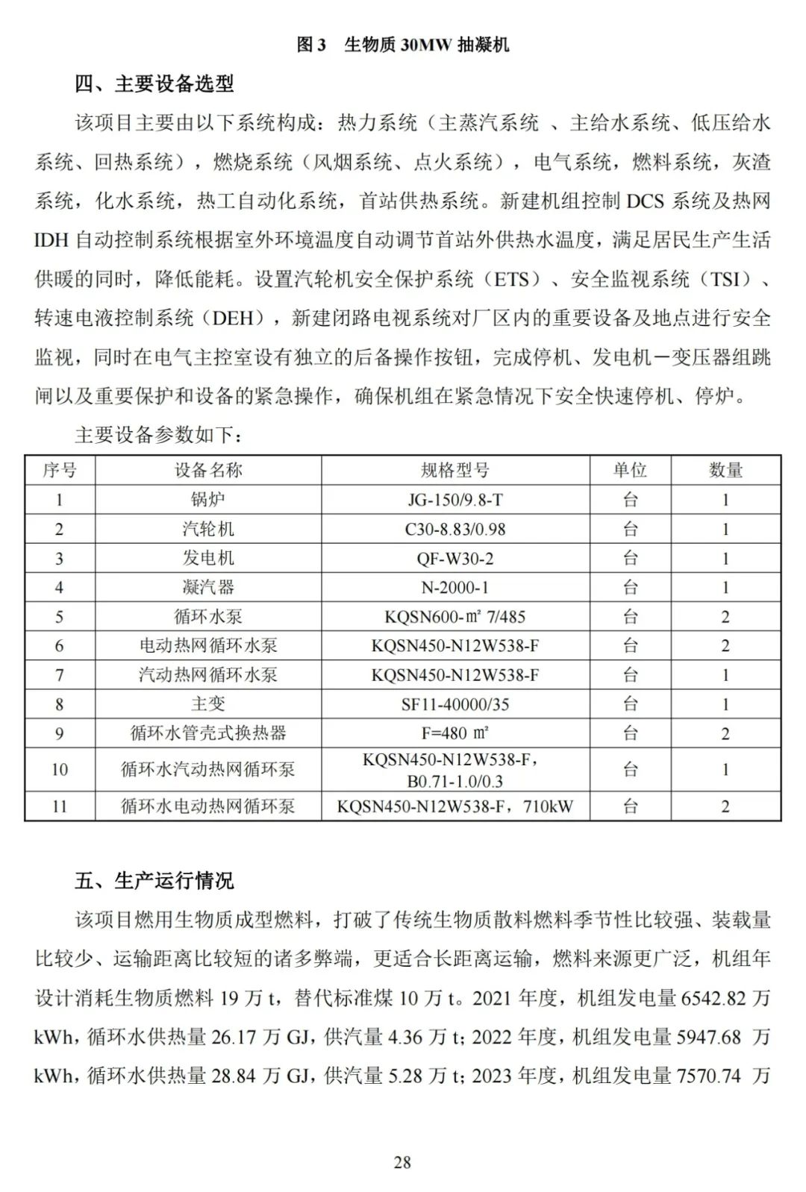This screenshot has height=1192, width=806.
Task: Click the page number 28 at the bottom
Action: [402, 1162]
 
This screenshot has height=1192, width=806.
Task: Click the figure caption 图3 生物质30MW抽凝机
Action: [402, 45]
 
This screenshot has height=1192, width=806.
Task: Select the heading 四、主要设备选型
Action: [154, 84]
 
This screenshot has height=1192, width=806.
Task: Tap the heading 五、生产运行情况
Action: [154, 880]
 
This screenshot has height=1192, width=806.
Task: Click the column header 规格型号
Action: [455, 470]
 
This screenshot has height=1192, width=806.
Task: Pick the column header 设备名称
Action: [208, 470]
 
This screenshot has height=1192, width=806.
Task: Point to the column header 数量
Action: [725, 470]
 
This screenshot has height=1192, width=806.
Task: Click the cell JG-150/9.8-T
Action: [455, 500]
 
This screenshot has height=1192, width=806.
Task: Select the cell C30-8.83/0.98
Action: [455, 529]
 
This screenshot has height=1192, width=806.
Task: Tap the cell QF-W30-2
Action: [455, 558]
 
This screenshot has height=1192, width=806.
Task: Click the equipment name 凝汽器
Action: [208, 587]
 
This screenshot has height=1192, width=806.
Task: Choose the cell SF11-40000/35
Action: [455, 704]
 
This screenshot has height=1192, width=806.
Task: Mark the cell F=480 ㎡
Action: [455, 733]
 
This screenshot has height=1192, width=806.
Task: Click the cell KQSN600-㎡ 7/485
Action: [455, 617]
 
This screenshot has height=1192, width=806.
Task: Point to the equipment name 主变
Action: [208, 704]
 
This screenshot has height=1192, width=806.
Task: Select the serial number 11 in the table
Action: [60, 806]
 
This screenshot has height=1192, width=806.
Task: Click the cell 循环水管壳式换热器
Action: [208, 733]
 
